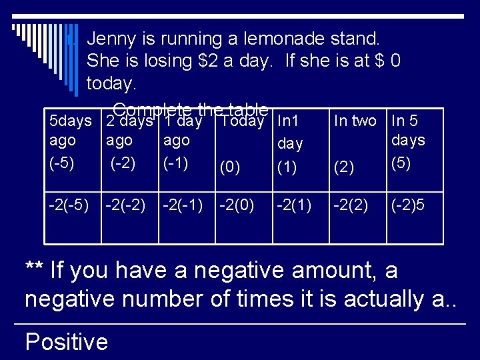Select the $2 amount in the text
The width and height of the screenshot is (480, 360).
pyautogui.click(x=211, y=61)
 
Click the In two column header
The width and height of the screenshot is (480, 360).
pyautogui.click(x=355, y=121)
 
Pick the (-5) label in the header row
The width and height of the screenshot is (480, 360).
pyautogui.click(x=63, y=163)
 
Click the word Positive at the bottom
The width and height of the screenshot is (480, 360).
pyautogui.click(x=66, y=342)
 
